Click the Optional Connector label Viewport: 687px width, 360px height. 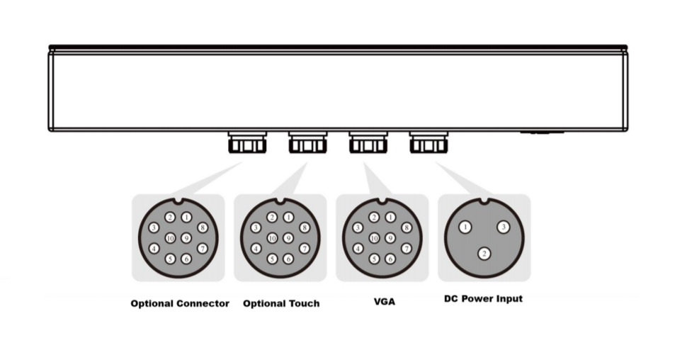pyautogui.click(x=180, y=303)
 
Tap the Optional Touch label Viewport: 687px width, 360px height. pyautogui.click(x=281, y=303)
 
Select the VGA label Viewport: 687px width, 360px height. pyautogui.click(x=385, y=302)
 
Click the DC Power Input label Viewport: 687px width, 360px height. pyautogui.click(x=484, y=298)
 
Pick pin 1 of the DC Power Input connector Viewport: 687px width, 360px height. pyautogui.click(x=465, y=227)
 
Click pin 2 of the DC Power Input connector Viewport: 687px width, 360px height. pyautogui.click(x=484, y=253)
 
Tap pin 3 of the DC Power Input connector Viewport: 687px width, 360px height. pyautogui.click(x=503, y=227)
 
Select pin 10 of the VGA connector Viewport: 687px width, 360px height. pyautogui.click(x=374, y=239)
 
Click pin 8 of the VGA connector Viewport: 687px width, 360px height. pyautogui.click(x=406, y=227)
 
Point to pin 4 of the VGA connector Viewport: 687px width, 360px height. pyautogui.click(x=358, y=249)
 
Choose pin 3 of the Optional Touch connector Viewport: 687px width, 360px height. pyautogui.click(x=256, y=227)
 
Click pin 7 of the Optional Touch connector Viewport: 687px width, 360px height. pyautogui.click(x=304, y=249)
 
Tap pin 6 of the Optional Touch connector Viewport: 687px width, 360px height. pyautogui.click(x=288, y=259)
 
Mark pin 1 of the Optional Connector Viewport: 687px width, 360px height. pyautogui.click(x=186, y=218)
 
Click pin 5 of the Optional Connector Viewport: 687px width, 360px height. pyautogui.click(x=170, y=259)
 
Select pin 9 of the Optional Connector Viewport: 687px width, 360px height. pyautogui.click(x=186, y=239)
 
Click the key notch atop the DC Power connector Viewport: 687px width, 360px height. pyautogui.click(x=484, y=201)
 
